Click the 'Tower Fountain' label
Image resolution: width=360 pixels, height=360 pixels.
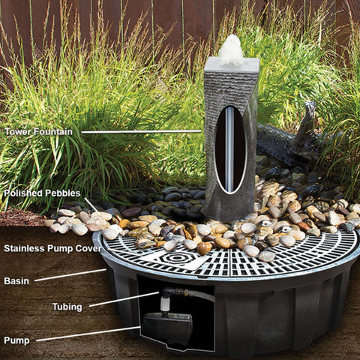[40, 131]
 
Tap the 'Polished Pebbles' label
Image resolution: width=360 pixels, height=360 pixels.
[42, 193]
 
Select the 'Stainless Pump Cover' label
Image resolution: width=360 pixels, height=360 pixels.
[52, 247]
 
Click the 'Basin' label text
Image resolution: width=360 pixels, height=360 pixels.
[16, 280]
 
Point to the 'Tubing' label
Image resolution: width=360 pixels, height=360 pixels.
[67, 306]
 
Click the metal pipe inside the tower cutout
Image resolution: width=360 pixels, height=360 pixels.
[229, 157]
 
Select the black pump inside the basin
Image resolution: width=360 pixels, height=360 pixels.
[167, 328]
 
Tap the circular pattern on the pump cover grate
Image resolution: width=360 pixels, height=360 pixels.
[179, 259]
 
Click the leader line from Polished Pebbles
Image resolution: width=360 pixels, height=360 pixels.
[91, 204]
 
